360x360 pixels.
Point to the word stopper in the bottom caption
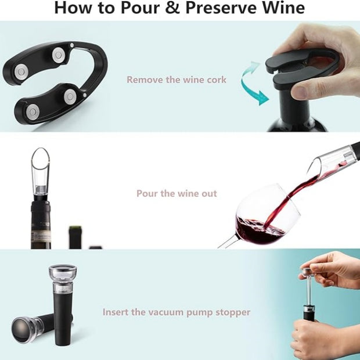232,312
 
